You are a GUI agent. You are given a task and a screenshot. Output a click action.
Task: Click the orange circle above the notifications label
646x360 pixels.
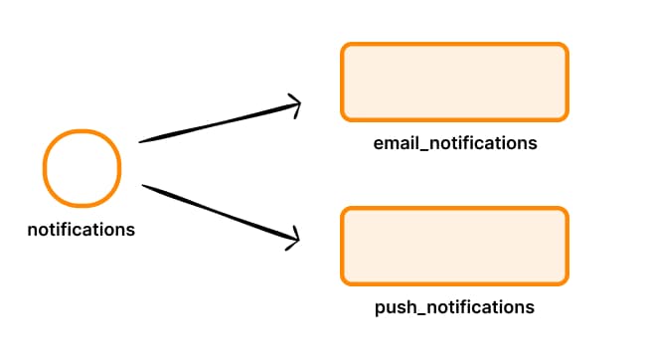tap(81, 166)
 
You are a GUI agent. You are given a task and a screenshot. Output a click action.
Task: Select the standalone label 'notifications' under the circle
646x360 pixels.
tap(81, 230)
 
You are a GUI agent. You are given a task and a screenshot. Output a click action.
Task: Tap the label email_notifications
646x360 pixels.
tap(455, 143)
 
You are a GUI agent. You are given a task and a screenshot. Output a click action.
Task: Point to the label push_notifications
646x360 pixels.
tap(454, 307)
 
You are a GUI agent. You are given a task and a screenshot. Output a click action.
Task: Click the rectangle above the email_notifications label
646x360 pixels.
tap(454, 82)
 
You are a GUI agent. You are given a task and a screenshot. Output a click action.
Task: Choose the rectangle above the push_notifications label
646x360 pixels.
tap(454, 245)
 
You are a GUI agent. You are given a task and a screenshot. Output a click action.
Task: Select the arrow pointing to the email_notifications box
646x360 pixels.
tap(219, 121)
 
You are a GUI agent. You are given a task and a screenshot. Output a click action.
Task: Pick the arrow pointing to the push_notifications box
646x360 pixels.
tap(219, 212)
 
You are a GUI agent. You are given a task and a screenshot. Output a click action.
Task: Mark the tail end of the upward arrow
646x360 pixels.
tap(141, 141)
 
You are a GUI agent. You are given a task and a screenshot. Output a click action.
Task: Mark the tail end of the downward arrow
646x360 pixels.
tap(145, 185)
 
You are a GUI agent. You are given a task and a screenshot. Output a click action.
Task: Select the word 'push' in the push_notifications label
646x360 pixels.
tap(394, 307)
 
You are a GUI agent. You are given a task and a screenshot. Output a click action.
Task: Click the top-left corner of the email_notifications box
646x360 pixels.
tap(343, 46)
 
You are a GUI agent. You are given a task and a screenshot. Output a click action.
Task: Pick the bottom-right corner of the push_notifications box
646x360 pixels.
tap(565, 280)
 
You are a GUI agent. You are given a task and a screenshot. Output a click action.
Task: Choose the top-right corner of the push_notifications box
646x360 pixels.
tap(565, 210)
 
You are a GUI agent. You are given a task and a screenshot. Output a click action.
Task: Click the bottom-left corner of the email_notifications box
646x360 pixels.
tap(343, 117)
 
